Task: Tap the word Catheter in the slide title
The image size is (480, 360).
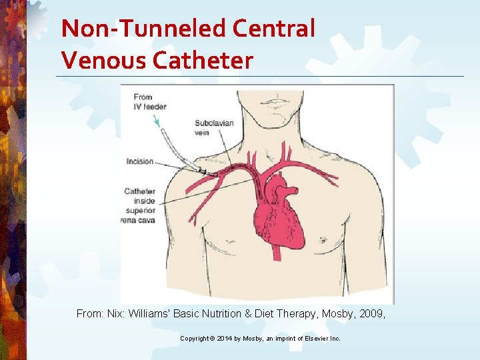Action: point(203,61)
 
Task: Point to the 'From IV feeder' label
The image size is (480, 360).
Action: point(150,102)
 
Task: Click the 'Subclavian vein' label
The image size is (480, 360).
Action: point(211,127)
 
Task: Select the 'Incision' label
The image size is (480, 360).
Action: point(140,161)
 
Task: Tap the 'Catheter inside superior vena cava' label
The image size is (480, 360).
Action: point(139,205)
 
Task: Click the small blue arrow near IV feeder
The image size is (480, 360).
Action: point(157,121)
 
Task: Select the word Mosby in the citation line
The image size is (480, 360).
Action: point(325,313)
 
